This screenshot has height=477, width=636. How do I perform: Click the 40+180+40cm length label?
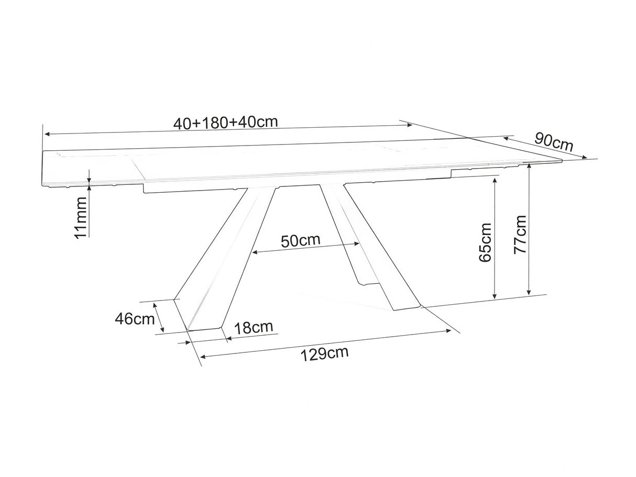tap(225, 123)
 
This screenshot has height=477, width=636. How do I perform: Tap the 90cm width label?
tap(554, 142)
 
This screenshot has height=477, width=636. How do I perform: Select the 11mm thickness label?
tap(81, 218)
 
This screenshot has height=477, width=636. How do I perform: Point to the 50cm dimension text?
tap(301, 240)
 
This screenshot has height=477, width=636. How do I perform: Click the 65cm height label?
tap(485, 242)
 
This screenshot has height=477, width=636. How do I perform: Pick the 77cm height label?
tap(520, 235)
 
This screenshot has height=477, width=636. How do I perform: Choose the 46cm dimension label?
tap(135, 319)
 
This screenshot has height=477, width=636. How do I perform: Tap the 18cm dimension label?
tap(254, 327)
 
